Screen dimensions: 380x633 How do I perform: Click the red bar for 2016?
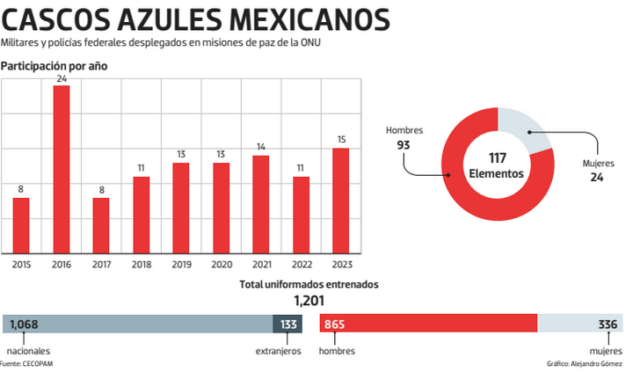pyautogui.click(x=62, y=168)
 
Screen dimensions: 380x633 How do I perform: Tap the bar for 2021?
pyautogui.click(x=260, y=203)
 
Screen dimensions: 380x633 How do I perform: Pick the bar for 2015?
pyautogui.click(x=21, y=224)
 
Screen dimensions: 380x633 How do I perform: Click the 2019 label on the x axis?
pyautogui.click(x=181, y=262)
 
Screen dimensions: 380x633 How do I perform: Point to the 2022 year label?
pyautogui.click(x=301, y=262)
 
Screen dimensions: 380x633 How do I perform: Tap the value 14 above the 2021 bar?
pyautogui.click(x=260, y=148)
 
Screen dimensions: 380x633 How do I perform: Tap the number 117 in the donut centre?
pyautogui.click(x=497, y=158)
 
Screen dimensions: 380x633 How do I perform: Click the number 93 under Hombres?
pyautogui.click(x=404, y=145)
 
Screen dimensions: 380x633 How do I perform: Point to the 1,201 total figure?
pyautogui.click(x=309, y=301)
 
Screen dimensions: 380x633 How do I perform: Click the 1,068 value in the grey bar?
pyautogui.click(x=24, y=325)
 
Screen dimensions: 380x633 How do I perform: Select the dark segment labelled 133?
pyautogui.click(x=287, y=325)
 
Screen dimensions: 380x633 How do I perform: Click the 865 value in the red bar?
pyautogui.click(x=335, y=325)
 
